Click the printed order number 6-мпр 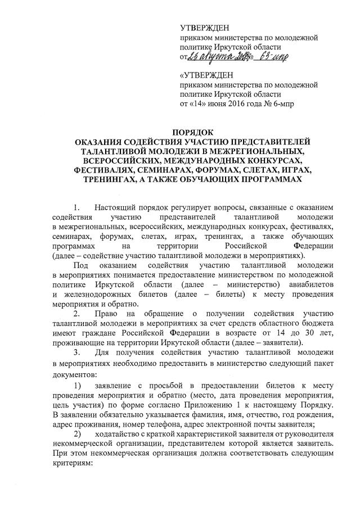[x=282, y=104]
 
